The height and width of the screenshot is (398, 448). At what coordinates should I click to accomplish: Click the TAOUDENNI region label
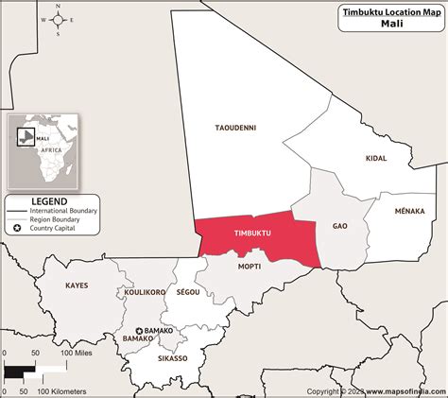tap(235, 128)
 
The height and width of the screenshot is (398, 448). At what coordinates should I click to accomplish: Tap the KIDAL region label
tap(376, 159)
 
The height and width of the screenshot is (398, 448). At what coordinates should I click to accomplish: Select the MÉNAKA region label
tap(409, 211)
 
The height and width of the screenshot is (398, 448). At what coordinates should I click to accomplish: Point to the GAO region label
tap(340, 227)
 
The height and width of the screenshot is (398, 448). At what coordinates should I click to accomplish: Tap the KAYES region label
tap(78, 285)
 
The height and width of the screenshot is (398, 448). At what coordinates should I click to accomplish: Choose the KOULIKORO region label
tap(146, 293)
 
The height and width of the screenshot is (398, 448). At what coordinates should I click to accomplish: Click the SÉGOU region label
tap(187, 293)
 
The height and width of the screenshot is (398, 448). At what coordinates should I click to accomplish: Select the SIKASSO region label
tap(173, 358)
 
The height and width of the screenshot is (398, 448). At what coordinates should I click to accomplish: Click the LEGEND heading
tap(48, 201)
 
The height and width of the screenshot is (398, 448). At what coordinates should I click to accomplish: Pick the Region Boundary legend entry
tap(61, 219)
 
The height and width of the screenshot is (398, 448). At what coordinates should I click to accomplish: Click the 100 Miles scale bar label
tap(81, 353)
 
